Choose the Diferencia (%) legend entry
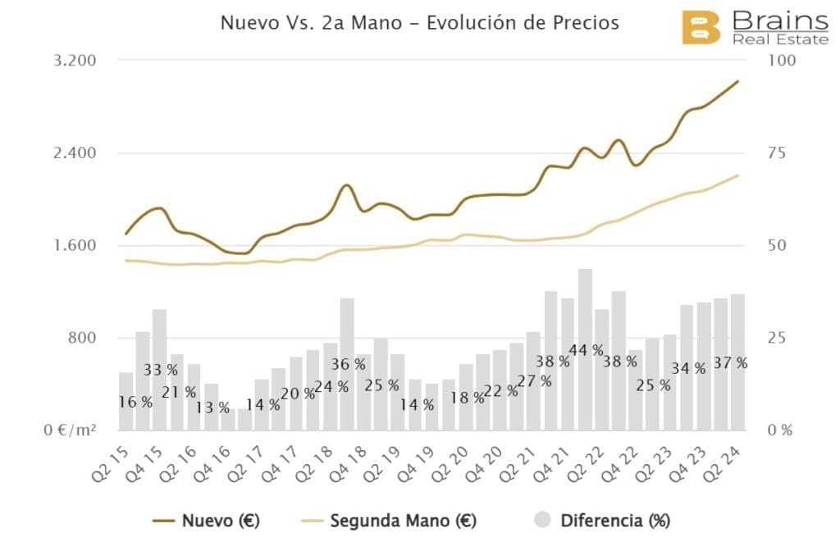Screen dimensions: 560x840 click(603, 521)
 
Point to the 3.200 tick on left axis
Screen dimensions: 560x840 click(75, 61)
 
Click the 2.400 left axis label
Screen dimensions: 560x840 click(75, 153)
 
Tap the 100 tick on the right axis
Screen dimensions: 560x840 click(776, 61)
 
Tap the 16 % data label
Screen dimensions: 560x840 click(135, 403)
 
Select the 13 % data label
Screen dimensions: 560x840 click(213, 407)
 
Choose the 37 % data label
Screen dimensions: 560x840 click(730, 363)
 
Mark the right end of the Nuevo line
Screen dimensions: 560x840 click(738, 81)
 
